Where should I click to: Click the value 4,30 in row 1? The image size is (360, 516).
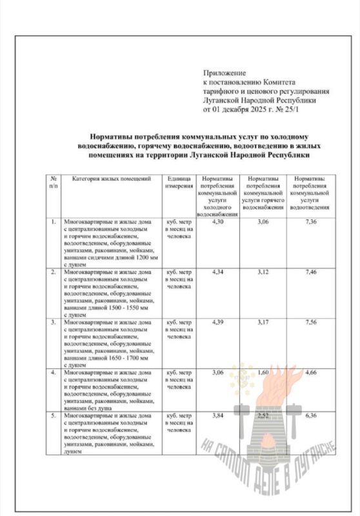coord(216,223)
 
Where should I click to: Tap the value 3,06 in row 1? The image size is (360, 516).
coord(262,223)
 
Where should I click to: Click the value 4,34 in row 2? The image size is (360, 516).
coord(216,273)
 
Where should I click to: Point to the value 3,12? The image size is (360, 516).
coord(262,273)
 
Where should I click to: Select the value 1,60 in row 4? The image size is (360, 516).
coord(262,373)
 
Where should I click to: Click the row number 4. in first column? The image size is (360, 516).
coord(54,373)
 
